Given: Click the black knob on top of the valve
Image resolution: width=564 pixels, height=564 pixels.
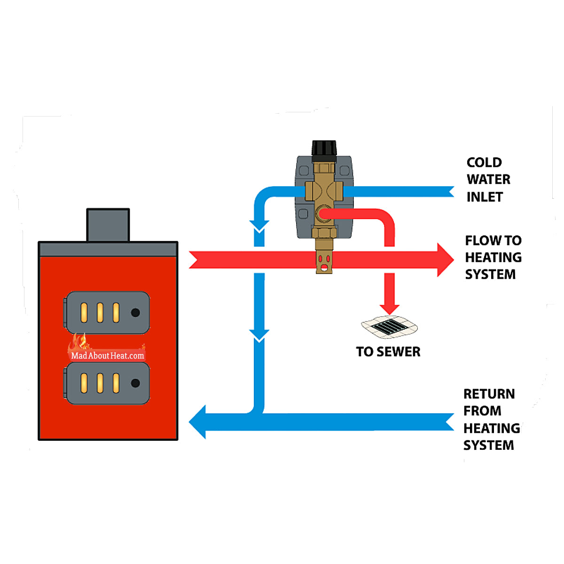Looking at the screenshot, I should pyautogui.click(x=324, y=149).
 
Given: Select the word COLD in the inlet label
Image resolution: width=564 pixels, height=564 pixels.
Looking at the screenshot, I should pyautogui.click(x=484, y=163).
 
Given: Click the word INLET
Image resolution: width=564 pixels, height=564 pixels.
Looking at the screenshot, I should pyautogui.click(x=485, y=197).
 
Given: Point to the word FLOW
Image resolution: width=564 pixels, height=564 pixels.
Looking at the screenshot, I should pyautogui.click(x=483, y=241).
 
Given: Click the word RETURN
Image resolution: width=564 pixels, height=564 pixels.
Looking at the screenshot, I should pyautogui.click(x=489, y=394).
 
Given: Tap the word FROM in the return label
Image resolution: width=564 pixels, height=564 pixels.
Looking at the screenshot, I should pyautogui.click(x=482, y=411).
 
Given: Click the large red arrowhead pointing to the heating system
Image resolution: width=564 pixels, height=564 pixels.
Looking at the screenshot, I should pyautogui.click(x=445, y=259).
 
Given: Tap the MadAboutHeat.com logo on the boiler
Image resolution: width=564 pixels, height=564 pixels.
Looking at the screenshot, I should pyautogui.click(x=107, y=355).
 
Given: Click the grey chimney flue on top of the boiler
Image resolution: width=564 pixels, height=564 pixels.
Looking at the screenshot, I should pyautogui.click(x=108, y=225).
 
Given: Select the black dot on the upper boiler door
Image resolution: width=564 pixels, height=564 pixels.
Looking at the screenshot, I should pyautogui.click(x=135, y=313).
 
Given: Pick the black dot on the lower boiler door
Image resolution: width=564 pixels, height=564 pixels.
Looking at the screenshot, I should pyautogui.click(x=135, y=383).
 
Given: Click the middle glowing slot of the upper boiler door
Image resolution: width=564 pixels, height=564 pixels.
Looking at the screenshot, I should pyautogui.click(x=100, y=313).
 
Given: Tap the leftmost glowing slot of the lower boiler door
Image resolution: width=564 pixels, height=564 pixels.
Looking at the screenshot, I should pyautogui.click(x=84, y=383).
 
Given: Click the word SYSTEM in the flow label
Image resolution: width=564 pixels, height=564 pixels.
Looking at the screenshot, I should pyautogui.click(x=490, y=274).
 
